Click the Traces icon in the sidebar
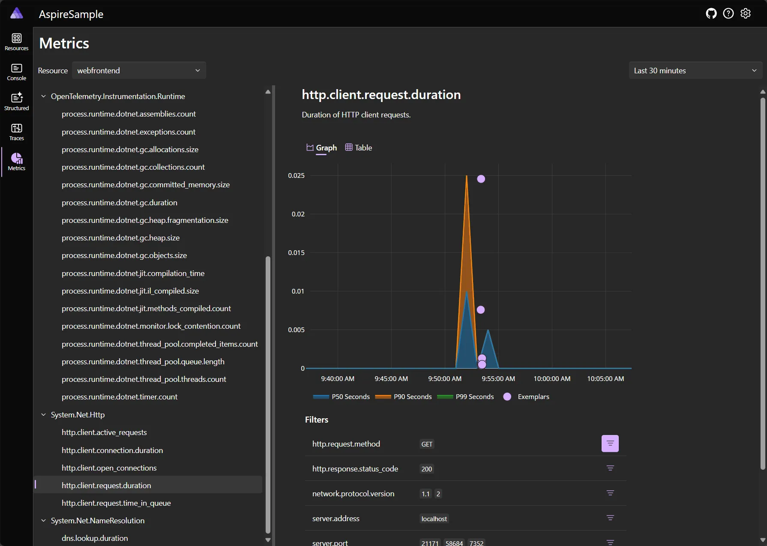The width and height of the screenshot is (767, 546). [x=17, y=132]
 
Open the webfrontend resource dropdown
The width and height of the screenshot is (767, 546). [x=139, y=71]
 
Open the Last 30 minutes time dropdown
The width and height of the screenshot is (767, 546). [x=695, y=71]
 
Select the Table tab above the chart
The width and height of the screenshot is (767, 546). [x=359, y=148]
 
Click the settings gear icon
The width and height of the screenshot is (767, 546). [x=746, y=14]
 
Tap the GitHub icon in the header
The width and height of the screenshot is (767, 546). [x=711, y=14]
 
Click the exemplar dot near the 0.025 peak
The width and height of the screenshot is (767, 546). [x=481, y=179]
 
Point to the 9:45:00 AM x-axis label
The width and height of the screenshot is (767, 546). [x=391, y=379]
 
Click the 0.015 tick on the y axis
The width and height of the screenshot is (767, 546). [x=296, y=253]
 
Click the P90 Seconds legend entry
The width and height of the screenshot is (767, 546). [x=412, y=397]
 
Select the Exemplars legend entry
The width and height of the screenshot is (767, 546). [x=533, y=397]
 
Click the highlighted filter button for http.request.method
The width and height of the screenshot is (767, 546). [x=610, y=444]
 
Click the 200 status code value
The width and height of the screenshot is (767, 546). [x=427, y=469]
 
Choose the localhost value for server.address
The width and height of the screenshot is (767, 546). [x=434, y=519]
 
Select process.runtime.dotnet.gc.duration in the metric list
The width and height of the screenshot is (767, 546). [x=120, y=203]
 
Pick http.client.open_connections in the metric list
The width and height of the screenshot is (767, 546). [x=109, y=468]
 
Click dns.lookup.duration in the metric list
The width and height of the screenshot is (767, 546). [x=95, y=538]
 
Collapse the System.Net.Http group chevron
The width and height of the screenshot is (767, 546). [x=43, y=415]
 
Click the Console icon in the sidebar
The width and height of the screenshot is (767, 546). [x=17, y=72]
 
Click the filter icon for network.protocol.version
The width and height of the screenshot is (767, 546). [x=610, y=493]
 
